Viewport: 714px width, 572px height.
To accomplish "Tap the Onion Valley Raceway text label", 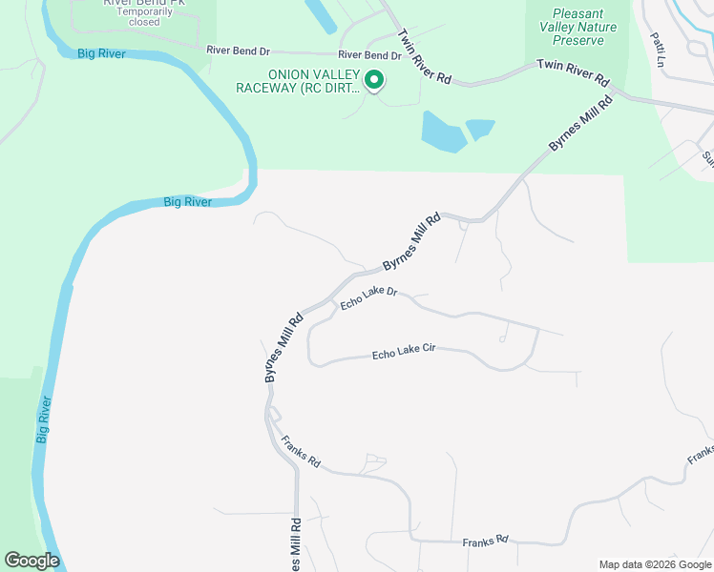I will (300, 81).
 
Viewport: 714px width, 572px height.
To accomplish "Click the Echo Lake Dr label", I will (368, 297).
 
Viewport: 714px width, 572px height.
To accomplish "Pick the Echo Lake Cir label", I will (403, 352).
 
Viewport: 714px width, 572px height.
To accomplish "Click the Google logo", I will (31, 561).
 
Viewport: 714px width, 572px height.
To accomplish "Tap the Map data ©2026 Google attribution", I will (655, 564).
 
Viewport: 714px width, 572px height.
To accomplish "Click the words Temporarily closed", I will (144, 16).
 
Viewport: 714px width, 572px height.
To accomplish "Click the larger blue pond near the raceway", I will (442, 133).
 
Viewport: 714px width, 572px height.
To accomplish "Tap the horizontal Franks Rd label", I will (486, 541).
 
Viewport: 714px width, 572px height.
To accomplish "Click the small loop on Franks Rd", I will (375, 463).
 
